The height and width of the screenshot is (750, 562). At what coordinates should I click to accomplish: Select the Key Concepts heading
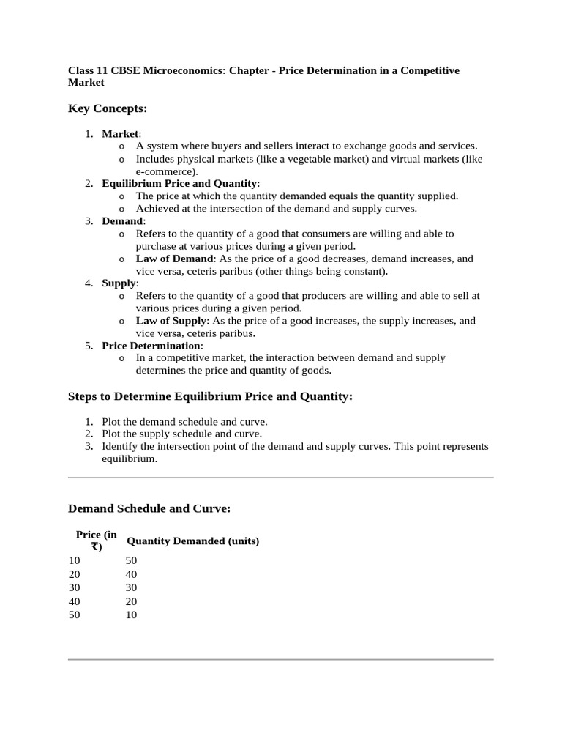(x=108, y=109)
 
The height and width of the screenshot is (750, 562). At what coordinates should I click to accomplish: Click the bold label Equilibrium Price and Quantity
(x=179, y=183)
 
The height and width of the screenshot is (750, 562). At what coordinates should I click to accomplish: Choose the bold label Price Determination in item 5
(x=151, y=345)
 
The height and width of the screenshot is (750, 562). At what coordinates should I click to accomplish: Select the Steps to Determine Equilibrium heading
(x=210, y=396)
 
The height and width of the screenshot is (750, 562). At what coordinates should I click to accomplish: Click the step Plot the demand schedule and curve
(x=184, y=422)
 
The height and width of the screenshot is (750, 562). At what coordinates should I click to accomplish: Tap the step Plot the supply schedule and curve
(x=181, y=434)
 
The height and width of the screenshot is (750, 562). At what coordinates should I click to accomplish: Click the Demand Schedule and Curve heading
(x=149, y=508)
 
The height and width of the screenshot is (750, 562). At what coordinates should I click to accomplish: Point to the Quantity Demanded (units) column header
(x=193, y=541)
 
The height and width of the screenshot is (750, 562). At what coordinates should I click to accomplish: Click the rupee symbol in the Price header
(x=96, y=546)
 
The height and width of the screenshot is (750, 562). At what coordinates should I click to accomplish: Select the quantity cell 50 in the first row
(x=132, y=560)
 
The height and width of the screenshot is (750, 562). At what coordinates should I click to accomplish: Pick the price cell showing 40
(x=75, y=601)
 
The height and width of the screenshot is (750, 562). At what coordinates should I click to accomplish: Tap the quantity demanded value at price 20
(x=132, y=574)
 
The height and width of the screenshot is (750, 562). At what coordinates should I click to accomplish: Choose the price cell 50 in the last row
(x=75, y=615)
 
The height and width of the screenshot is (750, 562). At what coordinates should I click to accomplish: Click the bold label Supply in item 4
(x=119, y=283)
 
